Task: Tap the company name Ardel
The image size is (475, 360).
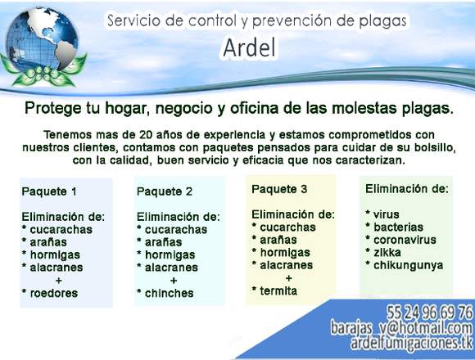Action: click(250, 48)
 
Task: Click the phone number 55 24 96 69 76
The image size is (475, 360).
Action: click(429, 313)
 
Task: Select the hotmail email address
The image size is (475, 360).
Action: click(401, 328)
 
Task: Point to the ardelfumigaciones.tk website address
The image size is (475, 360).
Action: click(411, 343)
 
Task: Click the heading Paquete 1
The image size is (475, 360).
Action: click(49, 191)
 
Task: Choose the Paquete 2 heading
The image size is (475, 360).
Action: click(164, 191)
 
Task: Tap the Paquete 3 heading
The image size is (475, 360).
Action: click(279, 189)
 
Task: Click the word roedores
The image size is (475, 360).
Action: click(54, 293)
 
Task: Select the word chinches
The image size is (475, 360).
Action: click(169, 293)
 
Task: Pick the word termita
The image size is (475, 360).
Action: click(278, 291)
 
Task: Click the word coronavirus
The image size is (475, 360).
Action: click(405, 240)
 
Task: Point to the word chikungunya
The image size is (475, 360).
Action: click(409, 265)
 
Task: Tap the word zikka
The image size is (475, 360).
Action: click(387, 252)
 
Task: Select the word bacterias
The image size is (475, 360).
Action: click(398, 227)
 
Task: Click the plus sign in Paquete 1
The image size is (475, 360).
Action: click(59, 281)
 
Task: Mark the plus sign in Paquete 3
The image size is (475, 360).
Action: click(289, 278)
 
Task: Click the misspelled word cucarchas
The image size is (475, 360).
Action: click(287, 227)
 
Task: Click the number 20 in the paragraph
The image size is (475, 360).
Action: click(146, 135)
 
